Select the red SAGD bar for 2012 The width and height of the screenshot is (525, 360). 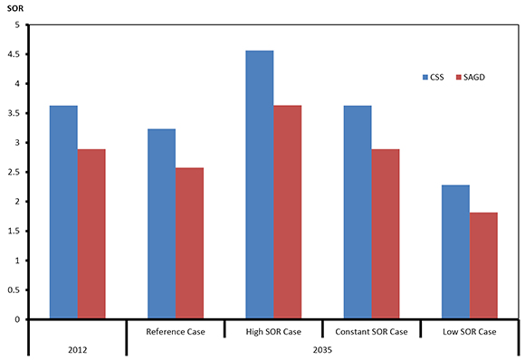point(91,234)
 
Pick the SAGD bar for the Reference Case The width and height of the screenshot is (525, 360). point(189,243)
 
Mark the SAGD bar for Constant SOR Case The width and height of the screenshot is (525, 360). point(385,234)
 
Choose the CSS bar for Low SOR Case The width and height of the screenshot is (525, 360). point(454,252)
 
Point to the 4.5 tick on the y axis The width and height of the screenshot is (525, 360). point(14,54)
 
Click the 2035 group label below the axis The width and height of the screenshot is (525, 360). point(322,348)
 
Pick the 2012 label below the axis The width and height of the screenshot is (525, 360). point(78,348)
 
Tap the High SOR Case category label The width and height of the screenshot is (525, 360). point(273,331)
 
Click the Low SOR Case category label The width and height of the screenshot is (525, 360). point(469,331)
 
